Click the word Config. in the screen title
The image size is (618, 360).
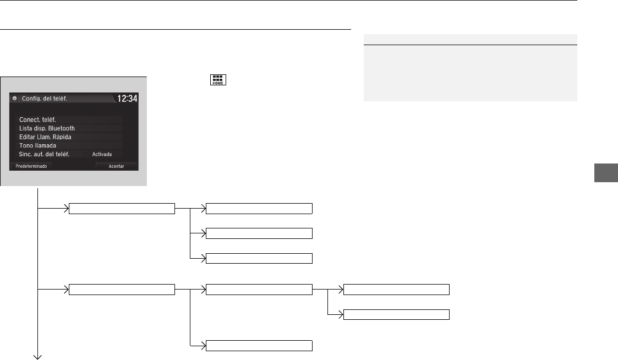click(31, 99)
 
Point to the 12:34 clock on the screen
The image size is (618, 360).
click(127, 99)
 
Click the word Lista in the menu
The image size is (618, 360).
click(26, 128)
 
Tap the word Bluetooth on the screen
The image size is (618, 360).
click(62, 128)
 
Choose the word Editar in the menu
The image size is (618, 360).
click(27, 137)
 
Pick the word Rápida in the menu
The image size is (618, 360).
click(62, 137)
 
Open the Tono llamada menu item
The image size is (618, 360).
click(37, 145)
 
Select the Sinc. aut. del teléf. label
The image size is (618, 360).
click(44, 154)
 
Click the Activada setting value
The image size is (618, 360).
click(102, 154)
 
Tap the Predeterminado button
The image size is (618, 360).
click(31, 166)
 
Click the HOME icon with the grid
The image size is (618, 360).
click(218, 80)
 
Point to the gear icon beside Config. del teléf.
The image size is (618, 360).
click(15, 99)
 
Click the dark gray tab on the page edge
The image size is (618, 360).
click(606, 172)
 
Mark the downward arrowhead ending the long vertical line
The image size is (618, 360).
click(37, 357)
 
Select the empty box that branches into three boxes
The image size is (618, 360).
click(122, 209)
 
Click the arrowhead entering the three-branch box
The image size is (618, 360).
click(67, 209)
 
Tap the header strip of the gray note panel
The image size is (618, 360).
click(470, 40)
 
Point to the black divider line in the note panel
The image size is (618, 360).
click(470, 45)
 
